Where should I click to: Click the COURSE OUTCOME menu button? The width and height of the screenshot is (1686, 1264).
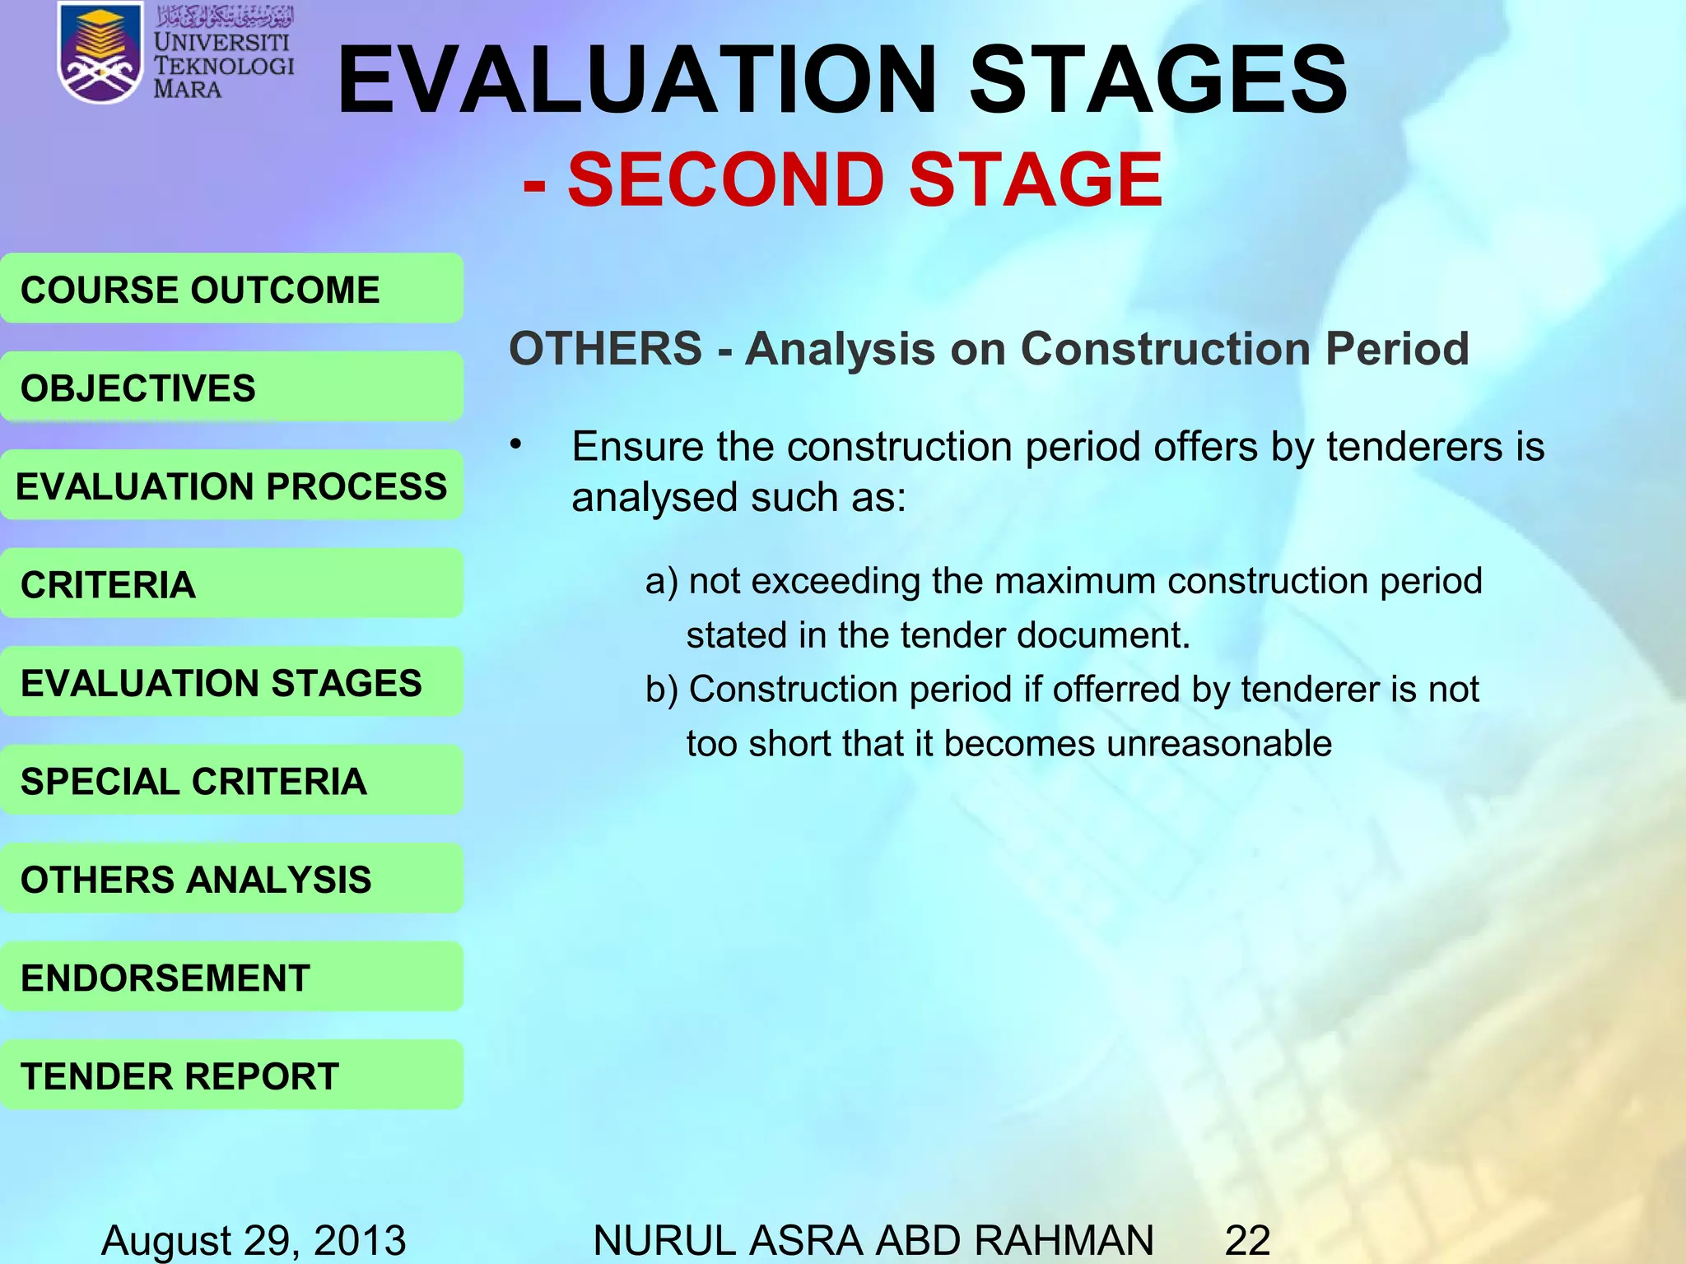tap(231, 289)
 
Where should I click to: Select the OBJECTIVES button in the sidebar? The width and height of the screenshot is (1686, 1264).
tap(231, 388)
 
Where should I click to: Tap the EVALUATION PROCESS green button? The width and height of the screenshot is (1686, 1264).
tap(231, 486)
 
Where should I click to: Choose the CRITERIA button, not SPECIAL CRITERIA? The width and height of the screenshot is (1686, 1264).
tap(231, 584)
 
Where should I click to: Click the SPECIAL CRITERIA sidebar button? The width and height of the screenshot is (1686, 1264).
tap(231, 780)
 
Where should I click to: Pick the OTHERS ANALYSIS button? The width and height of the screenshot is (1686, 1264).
tap(231, 879)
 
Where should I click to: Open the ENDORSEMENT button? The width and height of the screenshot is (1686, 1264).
tap(231, 978)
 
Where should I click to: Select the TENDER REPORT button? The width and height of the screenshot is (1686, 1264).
tap(231, 1076)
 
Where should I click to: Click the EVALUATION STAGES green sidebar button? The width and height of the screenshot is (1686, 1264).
tap(231, 682)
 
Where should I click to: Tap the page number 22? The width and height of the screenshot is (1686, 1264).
tap(1247, 1239)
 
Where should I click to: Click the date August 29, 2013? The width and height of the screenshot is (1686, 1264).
tap(253, 1239)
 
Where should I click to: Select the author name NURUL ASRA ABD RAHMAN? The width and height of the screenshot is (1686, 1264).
tap(873, 1239)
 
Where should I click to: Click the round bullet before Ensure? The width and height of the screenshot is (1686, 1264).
tap(515, 445)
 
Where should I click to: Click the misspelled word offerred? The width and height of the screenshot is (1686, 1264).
tap(1116, 689)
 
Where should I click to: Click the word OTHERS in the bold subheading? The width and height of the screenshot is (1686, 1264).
tap(605, 348)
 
